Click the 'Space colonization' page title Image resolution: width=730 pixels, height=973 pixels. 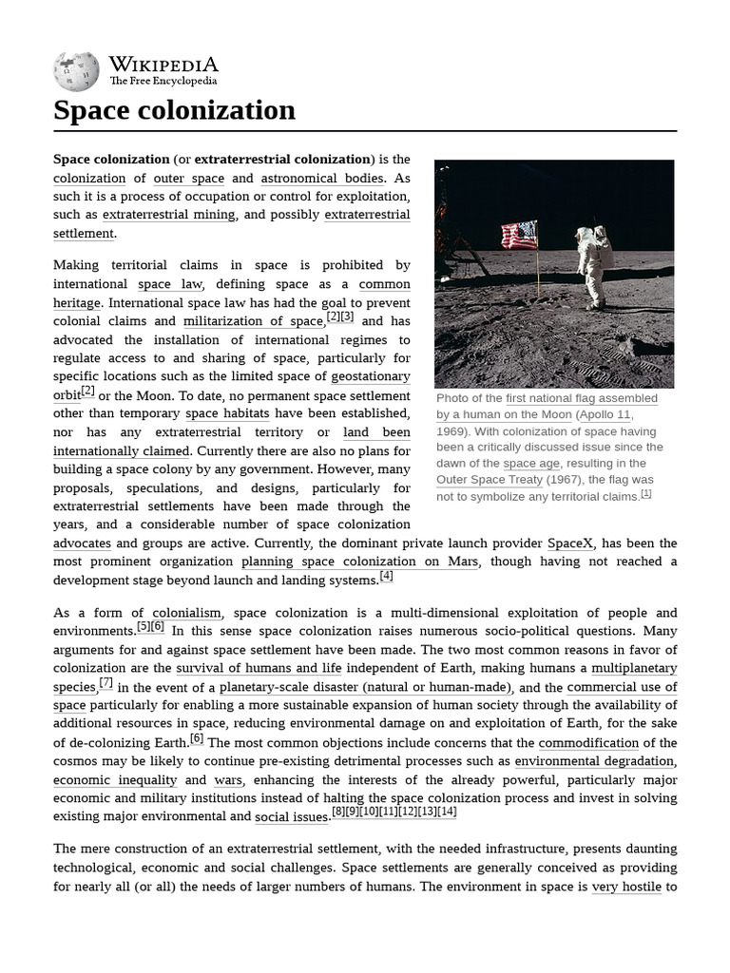(x=174, y=110)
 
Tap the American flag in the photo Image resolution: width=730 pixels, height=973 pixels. (x=519, y=235)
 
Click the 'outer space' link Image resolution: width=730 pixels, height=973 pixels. (x=189, y=178)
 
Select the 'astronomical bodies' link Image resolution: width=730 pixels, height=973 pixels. (x=322, y=178)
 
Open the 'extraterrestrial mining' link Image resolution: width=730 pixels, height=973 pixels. (x=168, y=215)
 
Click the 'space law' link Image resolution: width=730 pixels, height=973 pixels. (x=167, y=284)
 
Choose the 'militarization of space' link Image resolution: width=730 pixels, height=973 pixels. (x=253, y=321)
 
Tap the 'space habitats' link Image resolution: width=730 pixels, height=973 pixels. (x=227, y=413)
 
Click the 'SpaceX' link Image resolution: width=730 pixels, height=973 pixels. (x=570, y=544)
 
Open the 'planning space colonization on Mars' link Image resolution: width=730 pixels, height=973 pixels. (x=360, y=562)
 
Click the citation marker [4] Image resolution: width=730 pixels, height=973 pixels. (x=386, y=576)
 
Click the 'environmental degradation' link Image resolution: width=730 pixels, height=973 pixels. (x=595, y=761)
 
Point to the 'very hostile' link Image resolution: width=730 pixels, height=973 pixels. (x=626, y=887)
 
